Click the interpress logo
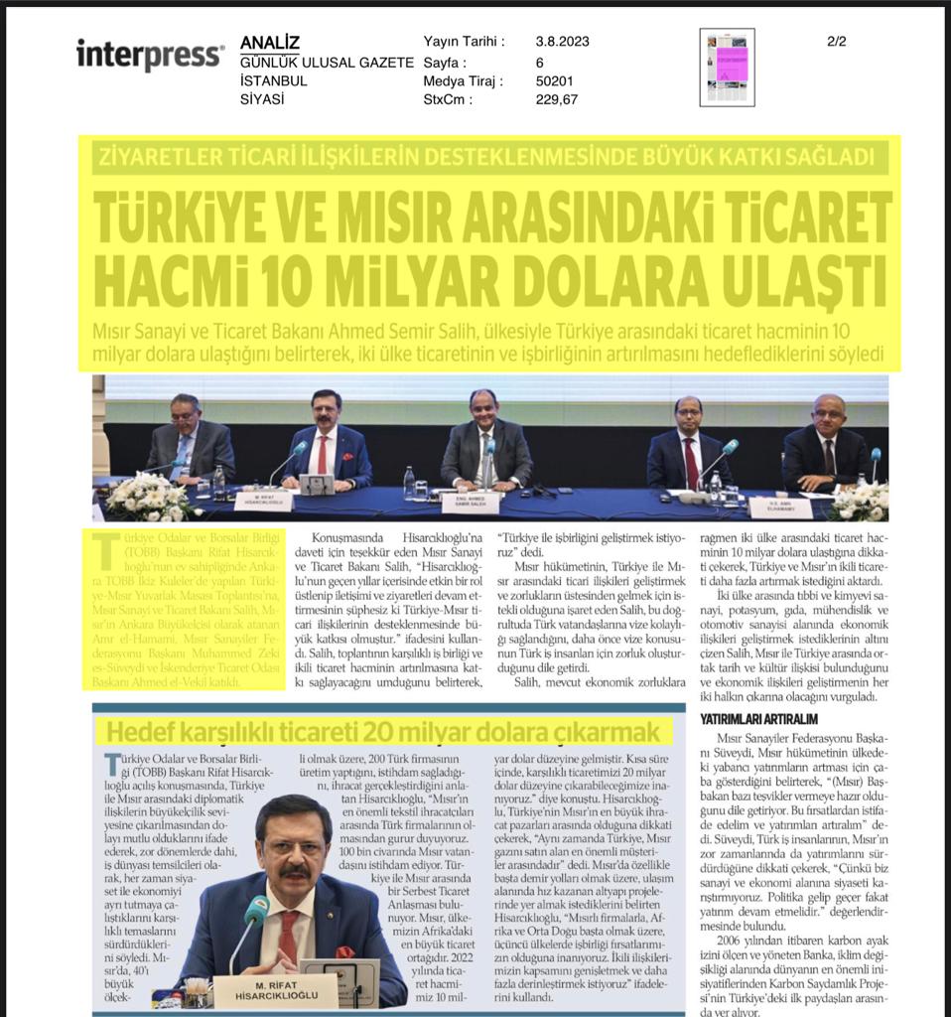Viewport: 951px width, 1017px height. click(x=150, y=54)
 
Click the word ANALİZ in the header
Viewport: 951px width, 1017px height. click(x=269, y=43)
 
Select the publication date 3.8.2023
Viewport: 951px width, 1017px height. click(x=562, y=42)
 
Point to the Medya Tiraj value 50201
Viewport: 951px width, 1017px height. click(x=555, y=80)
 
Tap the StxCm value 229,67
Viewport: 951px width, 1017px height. click(x=556, y=99)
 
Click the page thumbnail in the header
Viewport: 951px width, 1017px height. click(x=726, y=67)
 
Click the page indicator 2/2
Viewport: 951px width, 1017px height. click(x=836, y=42)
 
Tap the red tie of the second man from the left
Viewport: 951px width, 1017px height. click(x=322, y=456)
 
